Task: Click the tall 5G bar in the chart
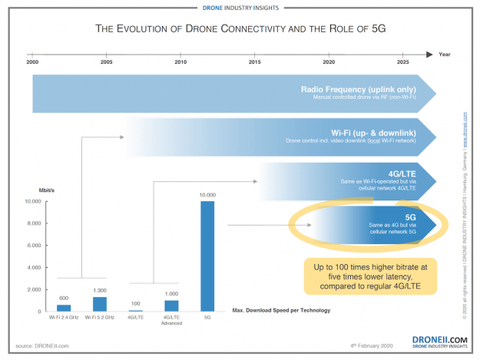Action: [x=207, y=256]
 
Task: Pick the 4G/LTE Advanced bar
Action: [x=172, y=306]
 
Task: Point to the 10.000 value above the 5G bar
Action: [x=207, y=196]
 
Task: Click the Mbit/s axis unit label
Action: [x=38, y=187]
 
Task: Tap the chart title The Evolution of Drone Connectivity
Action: [x=240, y=29]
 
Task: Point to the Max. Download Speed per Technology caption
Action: [x=281, y=311]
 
